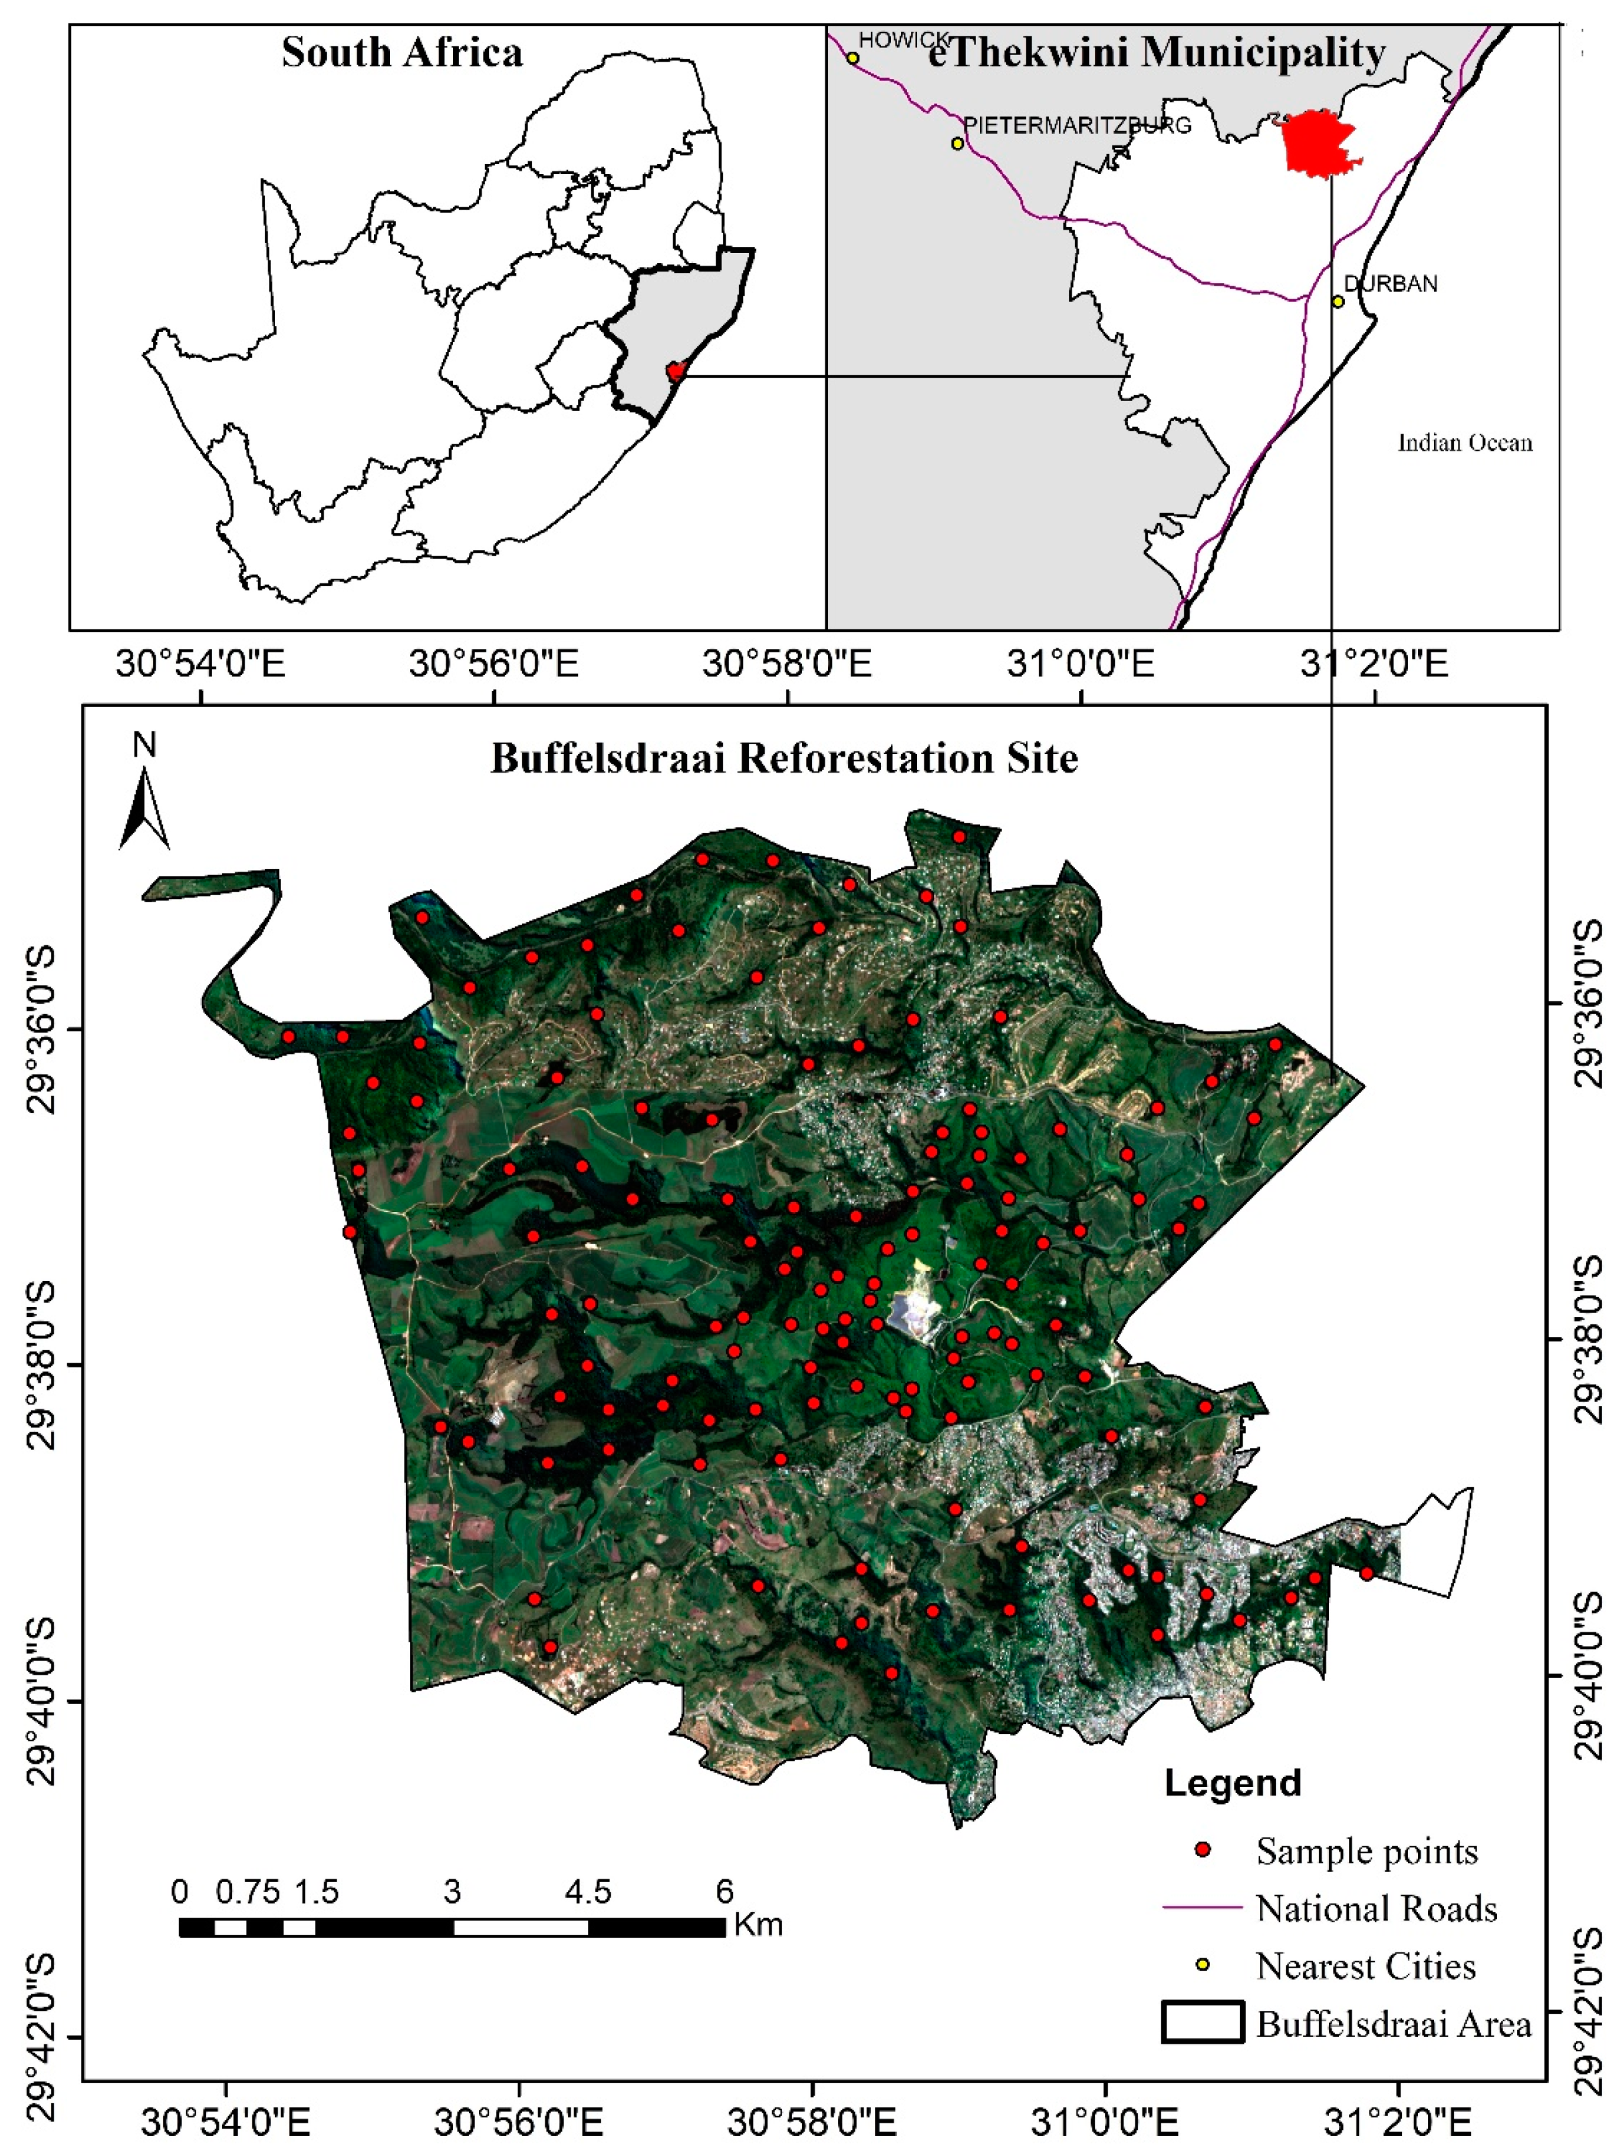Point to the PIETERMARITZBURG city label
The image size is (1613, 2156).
point(1077,126)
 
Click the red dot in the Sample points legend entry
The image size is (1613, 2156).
point(1203,1850)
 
